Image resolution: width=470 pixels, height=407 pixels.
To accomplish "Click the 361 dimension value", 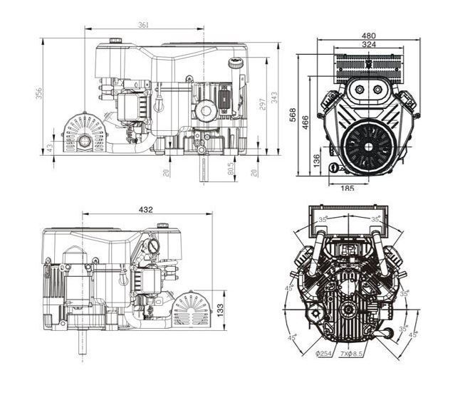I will (143, 25).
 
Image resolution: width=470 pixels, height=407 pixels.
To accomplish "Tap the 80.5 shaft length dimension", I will (231, 170).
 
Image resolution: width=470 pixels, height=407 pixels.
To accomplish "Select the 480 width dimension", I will (368, 35).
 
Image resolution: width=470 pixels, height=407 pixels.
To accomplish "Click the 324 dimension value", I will (368, 45).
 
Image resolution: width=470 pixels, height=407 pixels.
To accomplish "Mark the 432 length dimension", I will (145, 210).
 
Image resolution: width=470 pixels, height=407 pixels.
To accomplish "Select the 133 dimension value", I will (220, 310).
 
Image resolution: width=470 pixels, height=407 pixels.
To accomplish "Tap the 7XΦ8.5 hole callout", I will (352, 353).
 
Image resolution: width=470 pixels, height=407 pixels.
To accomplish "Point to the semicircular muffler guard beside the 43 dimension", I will (85, 134).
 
